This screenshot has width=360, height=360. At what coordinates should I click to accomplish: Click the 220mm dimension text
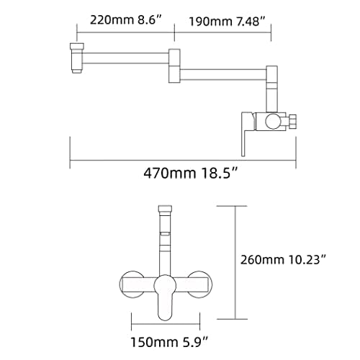pyautogui.click(x=112, y=19)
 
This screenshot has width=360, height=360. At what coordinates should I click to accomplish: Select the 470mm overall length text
pyautogui.click(x=170, y=173)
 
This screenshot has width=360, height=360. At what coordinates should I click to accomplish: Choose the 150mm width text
pyautogui.click(x=154, y=342)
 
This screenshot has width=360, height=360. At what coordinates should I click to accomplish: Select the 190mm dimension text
pyautogui.click(x=211, y=22)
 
